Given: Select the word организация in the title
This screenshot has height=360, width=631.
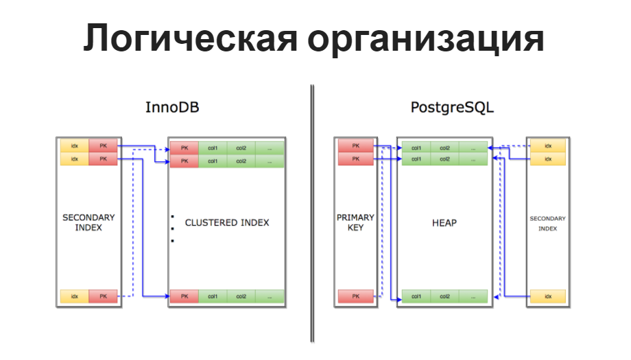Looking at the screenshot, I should point(425,39).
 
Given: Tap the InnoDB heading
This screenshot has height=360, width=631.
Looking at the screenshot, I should point(172,108).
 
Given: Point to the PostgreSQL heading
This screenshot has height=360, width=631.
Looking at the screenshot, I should point(452,108).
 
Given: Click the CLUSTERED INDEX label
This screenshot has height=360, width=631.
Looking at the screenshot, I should point(227,223).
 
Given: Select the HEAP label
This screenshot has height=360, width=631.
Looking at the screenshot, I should point(444,223).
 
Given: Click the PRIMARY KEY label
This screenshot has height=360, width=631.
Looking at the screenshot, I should point(355,222).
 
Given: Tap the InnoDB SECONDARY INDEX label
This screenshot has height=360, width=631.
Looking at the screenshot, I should point(88,222).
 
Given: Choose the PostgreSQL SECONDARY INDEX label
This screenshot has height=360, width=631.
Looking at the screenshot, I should point(547,224).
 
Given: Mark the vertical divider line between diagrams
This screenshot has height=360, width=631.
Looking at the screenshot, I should point(312,213).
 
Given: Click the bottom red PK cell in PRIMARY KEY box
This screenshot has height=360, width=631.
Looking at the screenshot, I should point(355,296).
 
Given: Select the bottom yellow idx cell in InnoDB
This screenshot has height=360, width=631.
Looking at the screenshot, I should point(74,296).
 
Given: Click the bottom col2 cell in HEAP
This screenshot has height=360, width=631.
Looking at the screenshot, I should point(444,296).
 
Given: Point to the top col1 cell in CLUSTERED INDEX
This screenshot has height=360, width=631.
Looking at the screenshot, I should point(213,148).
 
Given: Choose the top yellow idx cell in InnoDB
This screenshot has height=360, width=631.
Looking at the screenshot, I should point(74,146).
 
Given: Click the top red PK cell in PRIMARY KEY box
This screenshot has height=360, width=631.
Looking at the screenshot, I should point(355,146).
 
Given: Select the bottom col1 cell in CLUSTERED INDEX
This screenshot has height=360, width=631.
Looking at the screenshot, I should point(213,296).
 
